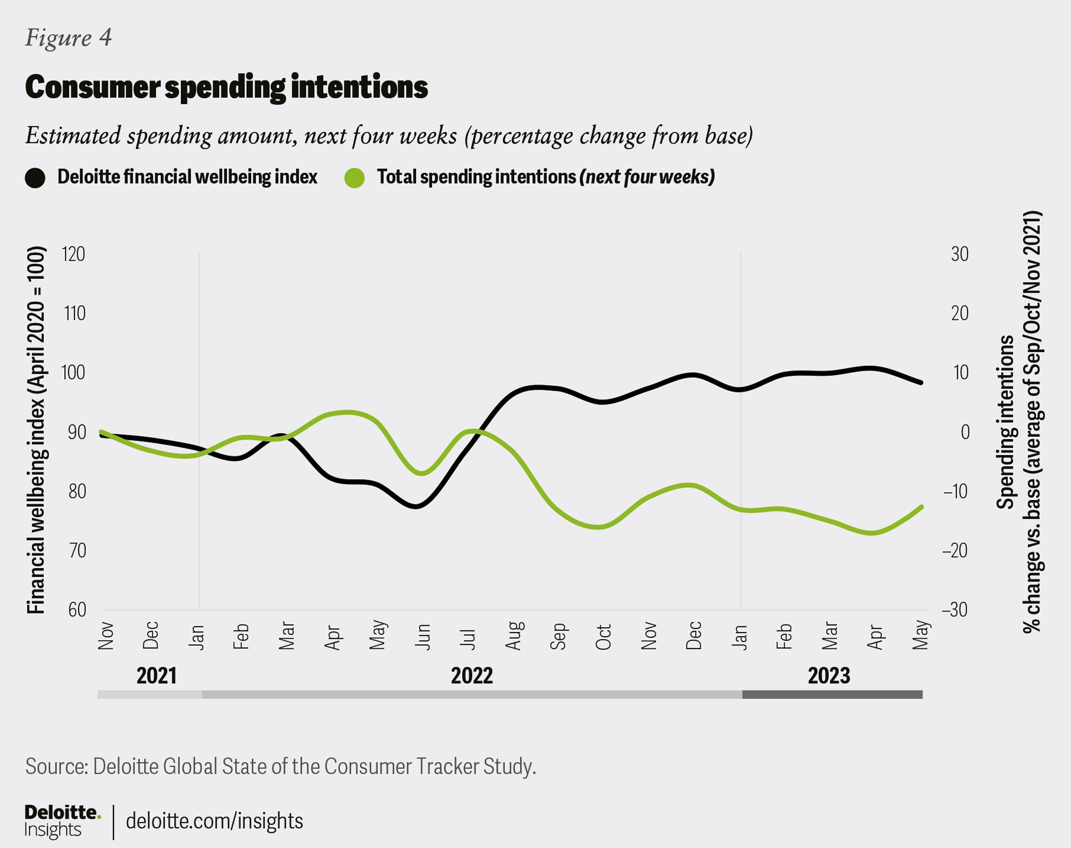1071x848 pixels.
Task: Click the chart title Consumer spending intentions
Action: point(226,87)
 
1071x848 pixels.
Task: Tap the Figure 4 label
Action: point(69,38)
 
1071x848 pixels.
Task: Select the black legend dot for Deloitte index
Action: point(35,178)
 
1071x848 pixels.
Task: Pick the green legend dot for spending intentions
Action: point(355,178)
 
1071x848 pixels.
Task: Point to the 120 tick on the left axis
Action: point(74,254)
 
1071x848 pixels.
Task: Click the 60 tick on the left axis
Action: point(77,610)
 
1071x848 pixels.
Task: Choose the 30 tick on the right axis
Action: point(960,254)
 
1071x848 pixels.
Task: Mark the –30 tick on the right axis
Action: point(955,610)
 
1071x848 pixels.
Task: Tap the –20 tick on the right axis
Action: point(955,551)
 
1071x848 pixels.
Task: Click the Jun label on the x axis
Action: point(423,636)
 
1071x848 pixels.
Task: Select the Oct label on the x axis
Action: point(604,636)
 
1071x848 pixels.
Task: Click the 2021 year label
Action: point(156,675)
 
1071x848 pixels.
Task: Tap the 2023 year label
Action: point(828,675)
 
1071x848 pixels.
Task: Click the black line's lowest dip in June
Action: point(417,506)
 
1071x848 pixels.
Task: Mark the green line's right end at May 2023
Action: point(921,507)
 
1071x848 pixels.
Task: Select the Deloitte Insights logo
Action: point(62,821)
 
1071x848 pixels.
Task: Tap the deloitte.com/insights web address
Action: point(214,821)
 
